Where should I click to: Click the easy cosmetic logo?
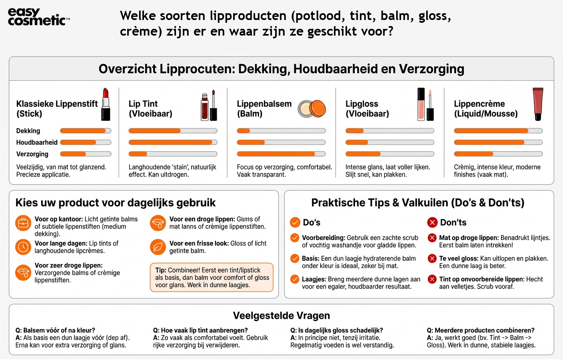(x=38, y=17)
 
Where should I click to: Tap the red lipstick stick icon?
(x=106, y=104)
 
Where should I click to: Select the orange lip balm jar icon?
(x=312, y=108)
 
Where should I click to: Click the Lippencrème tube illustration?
(x=538, y=104)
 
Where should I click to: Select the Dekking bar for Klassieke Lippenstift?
(x=86, y=131)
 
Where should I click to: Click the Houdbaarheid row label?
(x=37, y=142)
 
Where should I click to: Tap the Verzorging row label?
(x=32, y=154)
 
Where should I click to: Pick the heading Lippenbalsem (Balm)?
(x=264, y=108)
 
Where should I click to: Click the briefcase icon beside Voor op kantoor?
(x=23, y=223)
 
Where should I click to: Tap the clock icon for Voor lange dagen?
(x=23, y=247)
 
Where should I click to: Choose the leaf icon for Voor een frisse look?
(x=158, y=247)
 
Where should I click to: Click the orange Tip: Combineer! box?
(x=212, y=277)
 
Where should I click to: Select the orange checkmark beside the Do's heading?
(x=295, y=222)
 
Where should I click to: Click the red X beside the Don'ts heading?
(x=432, y=222)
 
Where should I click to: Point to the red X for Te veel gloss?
(x=432, y=258)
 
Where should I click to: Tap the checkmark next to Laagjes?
(x=295, y=279)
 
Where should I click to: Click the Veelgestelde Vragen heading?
(x=281, y=316)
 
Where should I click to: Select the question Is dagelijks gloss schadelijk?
(x=337, y=330)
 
